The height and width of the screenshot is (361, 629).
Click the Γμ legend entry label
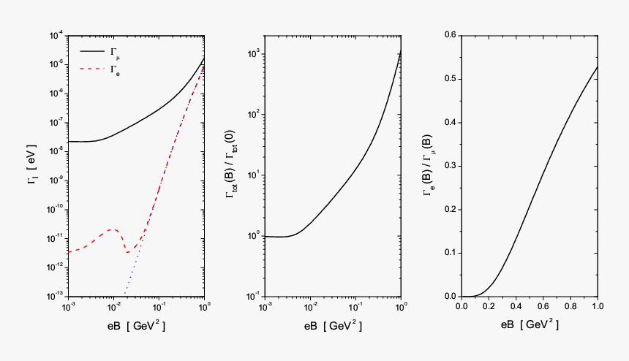[x=115, y=53]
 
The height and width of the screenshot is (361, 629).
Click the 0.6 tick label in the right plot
[x=448, y=35]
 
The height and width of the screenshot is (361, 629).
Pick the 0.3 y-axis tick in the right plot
[x=448, y=166]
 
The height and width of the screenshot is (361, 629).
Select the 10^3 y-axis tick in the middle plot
[x=254, y=53]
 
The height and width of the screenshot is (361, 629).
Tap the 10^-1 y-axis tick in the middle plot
[x=254, y=296]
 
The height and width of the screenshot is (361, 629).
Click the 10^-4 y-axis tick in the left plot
[x=56, y=35]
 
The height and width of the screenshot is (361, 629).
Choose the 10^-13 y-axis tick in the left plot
[x=56, y=296]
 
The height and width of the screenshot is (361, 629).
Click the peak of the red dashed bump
[x=112, y=229]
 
